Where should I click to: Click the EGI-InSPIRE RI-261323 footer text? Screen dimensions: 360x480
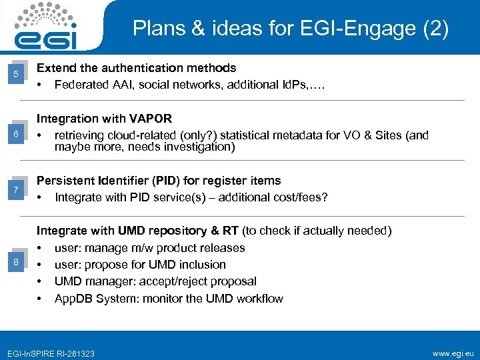click(51, 353)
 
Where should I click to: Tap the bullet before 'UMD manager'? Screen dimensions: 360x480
click(40, 281)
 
